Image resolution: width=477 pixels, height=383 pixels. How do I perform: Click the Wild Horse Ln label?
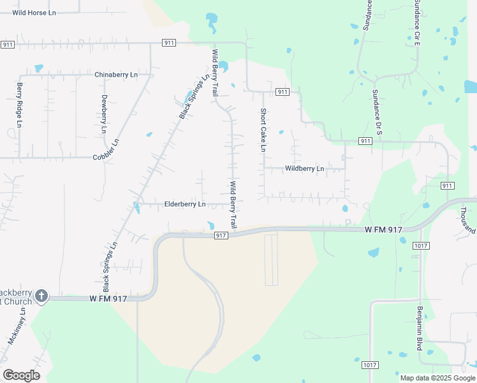tap(34, 12)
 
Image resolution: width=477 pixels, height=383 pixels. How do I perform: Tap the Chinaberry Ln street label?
tap(116, 75)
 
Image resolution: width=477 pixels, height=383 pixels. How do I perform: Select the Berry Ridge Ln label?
tap(19, 105)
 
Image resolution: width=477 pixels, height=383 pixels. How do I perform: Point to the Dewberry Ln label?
tap(104, 114)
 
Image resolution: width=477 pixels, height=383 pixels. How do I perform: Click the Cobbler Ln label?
tap(106, 157)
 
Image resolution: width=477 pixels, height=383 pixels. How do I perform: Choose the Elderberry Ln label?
tap(185, 204)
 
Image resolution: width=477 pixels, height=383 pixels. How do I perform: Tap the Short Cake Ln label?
tap(262, 130)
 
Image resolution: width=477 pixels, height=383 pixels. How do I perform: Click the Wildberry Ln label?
tap(304, 169)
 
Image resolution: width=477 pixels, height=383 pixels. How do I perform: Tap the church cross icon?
tap(41, 296)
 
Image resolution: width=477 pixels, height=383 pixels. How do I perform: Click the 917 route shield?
tap(221, 236)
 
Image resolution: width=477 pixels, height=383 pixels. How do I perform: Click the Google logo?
tap(21, 375)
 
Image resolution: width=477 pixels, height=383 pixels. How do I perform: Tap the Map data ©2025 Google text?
tap(438, 378)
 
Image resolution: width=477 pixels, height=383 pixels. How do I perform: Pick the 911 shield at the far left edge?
tap(8, 44)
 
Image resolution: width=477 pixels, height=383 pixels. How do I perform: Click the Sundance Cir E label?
tap(416, 23)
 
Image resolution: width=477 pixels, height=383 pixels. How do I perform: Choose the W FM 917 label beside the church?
tap(110, 298)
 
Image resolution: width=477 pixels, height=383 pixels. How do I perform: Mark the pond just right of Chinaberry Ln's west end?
tap(38, 68)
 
